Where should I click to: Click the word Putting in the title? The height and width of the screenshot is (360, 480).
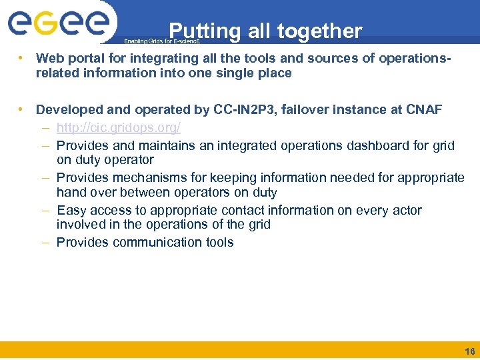click(x=204, y=31)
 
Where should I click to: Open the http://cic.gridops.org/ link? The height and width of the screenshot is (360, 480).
click(x=119, y=127)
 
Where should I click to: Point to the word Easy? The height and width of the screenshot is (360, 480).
click(x=71, y=210)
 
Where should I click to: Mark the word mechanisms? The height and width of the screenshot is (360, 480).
click(x=159, y=177)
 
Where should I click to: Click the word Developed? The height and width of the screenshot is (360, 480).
click(x=67, y=109)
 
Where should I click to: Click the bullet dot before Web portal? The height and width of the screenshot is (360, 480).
click(x=23, y=58)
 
